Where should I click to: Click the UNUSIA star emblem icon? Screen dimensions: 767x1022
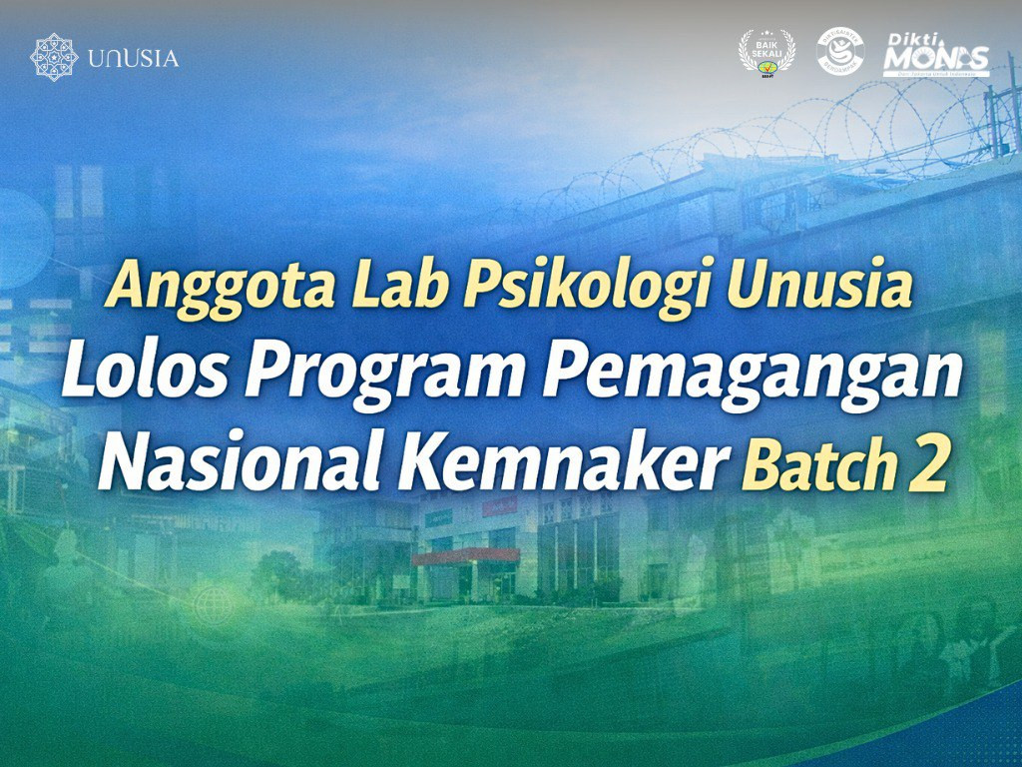pos(54,58)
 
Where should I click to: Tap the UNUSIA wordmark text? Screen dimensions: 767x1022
pos(133,59)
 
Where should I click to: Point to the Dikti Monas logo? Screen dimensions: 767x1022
pos(935,55)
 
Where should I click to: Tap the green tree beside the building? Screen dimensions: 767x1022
pos(279,574)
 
